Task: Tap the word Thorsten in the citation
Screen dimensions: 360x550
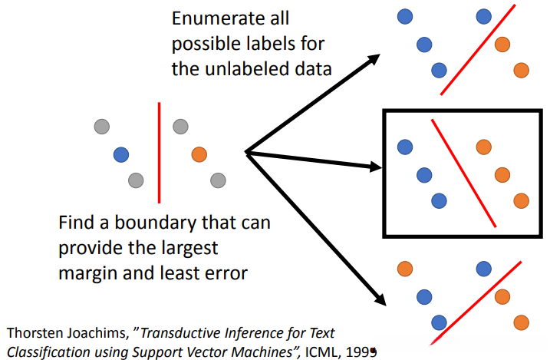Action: (33, 332)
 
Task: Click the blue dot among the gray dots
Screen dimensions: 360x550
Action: (120, 154)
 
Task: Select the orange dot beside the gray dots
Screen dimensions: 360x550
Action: (199, 154)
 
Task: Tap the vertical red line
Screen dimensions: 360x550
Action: (159, 152)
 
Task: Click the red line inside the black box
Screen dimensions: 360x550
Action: (463, 172)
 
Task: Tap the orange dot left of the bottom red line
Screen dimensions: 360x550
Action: (404, 269)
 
